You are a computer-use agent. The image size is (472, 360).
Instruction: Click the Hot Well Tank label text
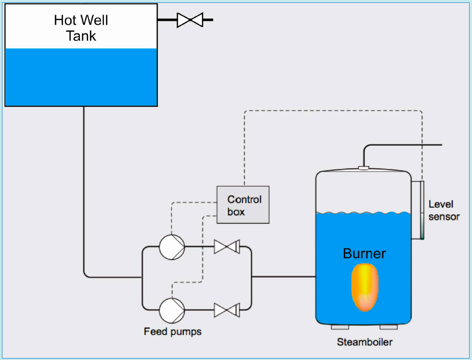(81, 28)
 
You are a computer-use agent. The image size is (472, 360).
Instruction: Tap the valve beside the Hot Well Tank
(190, 20)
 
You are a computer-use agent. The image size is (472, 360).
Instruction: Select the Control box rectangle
(243, 205)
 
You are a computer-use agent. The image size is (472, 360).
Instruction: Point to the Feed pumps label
(173, 332)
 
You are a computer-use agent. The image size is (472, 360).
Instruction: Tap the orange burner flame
(365, 286)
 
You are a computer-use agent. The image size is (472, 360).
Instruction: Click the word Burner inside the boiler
(364, 254)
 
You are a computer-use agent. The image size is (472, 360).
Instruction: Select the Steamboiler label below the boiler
(365, 343)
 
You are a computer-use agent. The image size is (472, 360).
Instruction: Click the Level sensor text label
(443, 210)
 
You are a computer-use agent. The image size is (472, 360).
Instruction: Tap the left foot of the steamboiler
(339, 327)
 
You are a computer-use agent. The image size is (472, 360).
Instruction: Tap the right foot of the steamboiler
(389, 327)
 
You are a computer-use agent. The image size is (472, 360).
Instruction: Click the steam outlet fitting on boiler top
(364, 168)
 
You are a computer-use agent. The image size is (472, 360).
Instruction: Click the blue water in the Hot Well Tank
(81, 77)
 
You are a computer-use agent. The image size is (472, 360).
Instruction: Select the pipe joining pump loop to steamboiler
(283, 277)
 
